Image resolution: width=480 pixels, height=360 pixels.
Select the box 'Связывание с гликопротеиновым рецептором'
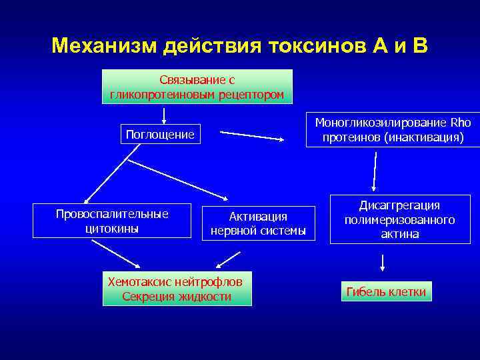coord(197,87)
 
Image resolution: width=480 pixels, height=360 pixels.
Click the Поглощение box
coord(160,135)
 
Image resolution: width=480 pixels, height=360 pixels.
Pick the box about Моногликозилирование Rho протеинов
coord(393,130)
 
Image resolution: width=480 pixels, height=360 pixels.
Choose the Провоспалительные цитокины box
coord(112,221)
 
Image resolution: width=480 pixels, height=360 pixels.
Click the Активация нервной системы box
coord(258,223)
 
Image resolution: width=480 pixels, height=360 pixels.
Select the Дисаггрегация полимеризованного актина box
coord(399,220)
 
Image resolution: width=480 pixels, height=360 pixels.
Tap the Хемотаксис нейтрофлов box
coord(177,288)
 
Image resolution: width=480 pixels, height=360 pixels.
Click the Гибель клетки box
coord(386,292)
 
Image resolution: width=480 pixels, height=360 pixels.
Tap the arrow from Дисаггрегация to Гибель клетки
coord(382,261)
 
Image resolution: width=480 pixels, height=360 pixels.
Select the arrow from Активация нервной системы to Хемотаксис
coord(228,257)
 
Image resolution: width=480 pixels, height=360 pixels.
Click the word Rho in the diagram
coord(461,123)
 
